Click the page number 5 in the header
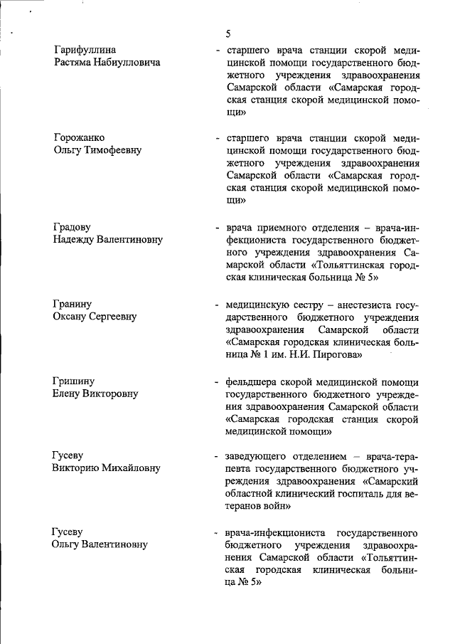(227, 33)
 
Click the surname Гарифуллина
(85, 49)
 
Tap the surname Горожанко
(80, 137)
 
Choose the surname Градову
(72, 227)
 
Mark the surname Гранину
(72, 304)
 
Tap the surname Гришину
(73, 381)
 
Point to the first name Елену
(68, 394)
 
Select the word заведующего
(260, 455)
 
